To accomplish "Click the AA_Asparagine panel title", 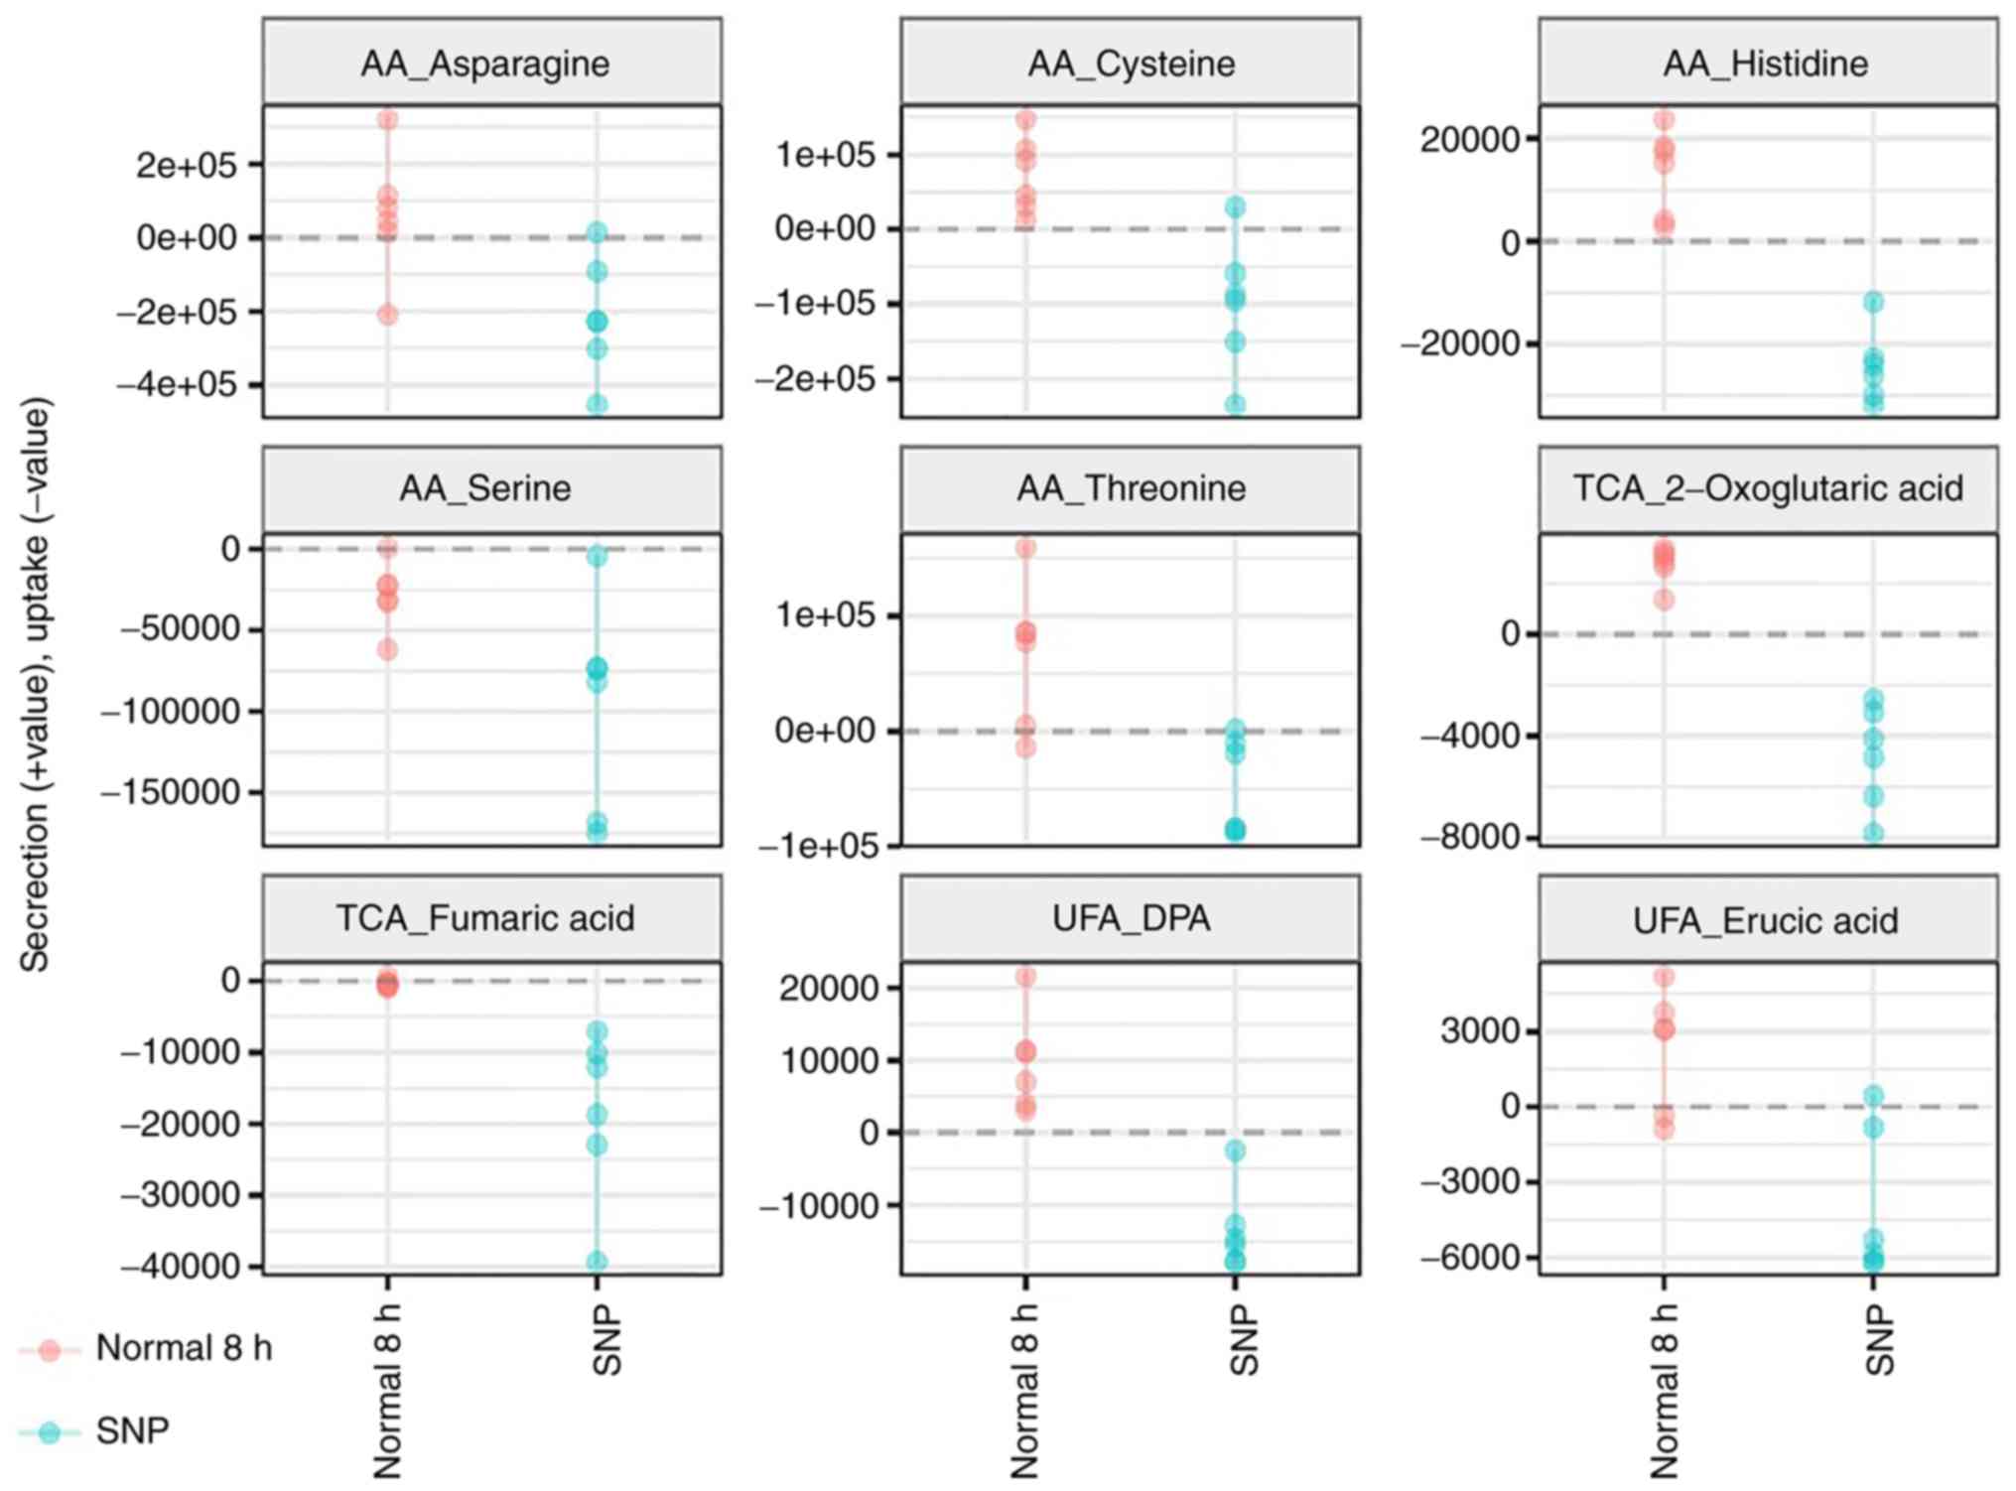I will (x=485, y=64).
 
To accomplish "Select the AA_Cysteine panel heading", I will (x=1132, y=64).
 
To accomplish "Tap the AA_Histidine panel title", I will (x=1766, y=64).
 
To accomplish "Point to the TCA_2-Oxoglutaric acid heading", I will (x=1768, y=488).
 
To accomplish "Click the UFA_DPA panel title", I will (x=1132, y=918).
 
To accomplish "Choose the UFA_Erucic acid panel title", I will (x=1766, y=920).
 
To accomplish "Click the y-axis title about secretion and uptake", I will (x=36, y=685).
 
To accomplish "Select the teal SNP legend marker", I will (x=49, y=1431).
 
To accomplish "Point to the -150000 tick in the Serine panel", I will (x=170, y=792).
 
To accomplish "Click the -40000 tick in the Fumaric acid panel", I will (x=180, y=1266).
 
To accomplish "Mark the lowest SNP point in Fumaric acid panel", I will (x=597, y=1262).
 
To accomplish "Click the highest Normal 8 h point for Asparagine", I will (x=388, y=120).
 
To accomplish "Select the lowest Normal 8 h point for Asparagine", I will (x=388, y=315).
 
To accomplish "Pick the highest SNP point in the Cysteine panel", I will (x=1235, y=207).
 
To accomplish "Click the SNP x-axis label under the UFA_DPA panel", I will (x=1243, y=1340).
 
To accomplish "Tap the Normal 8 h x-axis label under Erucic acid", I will (x=1663, y=1390).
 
